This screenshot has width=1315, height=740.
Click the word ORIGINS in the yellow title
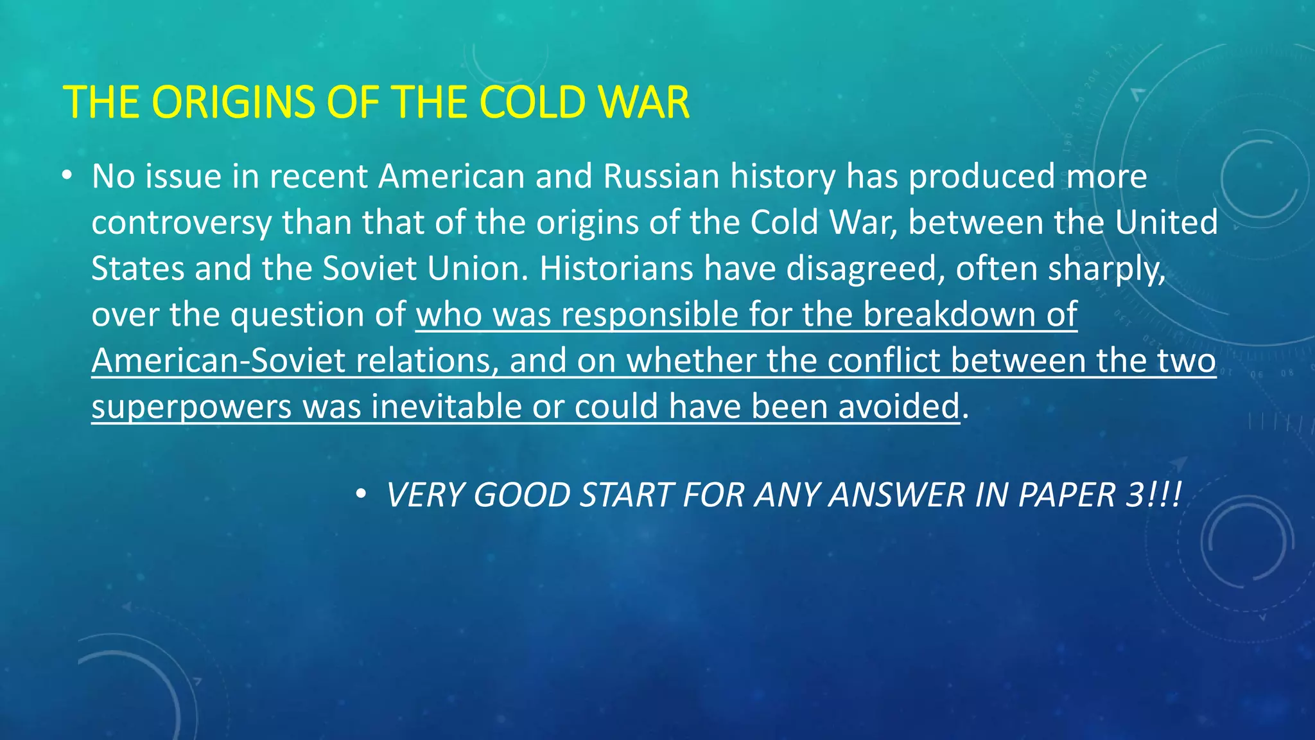tap(234, 103)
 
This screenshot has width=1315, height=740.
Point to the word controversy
tap(182, 223)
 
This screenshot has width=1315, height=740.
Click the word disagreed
tap(866, 269)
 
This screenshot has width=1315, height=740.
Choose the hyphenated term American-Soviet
tap(218, 361)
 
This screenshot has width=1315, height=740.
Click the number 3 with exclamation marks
tap(1153, 495)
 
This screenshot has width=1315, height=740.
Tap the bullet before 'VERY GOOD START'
tap(361, 494)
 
